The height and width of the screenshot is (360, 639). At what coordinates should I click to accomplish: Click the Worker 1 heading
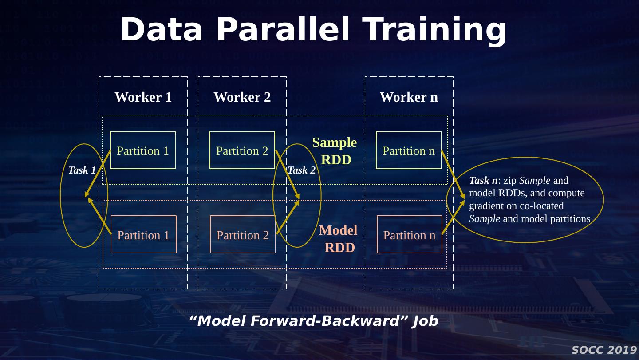143,97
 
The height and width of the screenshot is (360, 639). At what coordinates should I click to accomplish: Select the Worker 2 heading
242,97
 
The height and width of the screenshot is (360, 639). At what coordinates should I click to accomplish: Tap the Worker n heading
409,97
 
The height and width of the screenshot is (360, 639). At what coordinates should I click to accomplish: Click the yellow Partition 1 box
143,150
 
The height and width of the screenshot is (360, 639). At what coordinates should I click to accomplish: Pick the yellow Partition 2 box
242,150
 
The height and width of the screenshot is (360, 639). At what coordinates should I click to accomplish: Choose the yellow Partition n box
409,150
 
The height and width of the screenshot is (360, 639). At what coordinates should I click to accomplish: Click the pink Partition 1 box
143,234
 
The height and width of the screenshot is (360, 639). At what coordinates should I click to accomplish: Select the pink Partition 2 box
242,234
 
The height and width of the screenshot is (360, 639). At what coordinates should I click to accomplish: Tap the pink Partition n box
409,234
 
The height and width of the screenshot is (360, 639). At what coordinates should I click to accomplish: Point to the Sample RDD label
335,151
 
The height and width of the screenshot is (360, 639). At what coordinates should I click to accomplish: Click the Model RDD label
339,239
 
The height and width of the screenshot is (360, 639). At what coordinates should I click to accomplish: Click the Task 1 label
82,170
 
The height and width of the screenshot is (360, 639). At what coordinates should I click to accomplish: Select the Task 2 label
301,170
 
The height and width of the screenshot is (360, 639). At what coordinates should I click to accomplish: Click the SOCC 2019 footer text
604,350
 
